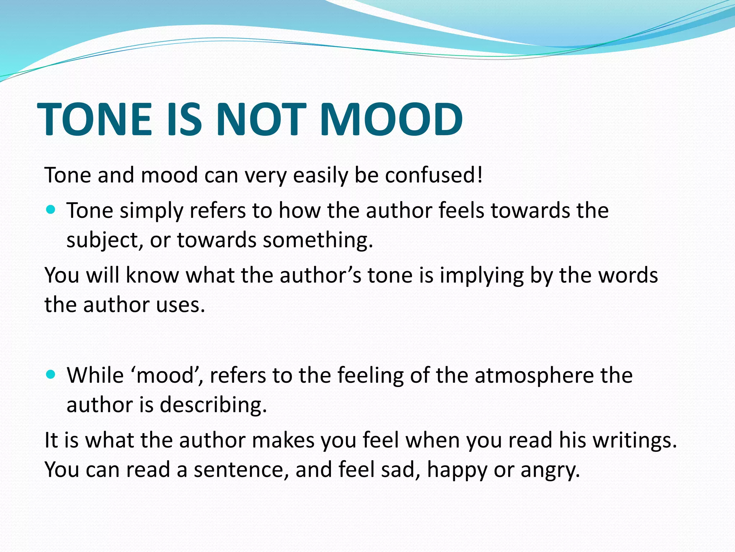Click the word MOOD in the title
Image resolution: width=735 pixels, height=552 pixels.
click(391, 119)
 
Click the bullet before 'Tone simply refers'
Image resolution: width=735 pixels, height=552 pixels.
click(51, 210)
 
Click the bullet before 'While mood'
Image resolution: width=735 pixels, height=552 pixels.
click(51, 374)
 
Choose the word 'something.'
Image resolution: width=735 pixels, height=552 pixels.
click(318, 240)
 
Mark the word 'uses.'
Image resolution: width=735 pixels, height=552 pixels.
click(180, 305)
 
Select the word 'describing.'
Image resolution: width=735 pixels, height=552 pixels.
click(213, 405)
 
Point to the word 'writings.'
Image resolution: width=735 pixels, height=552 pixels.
click(635, 440)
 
